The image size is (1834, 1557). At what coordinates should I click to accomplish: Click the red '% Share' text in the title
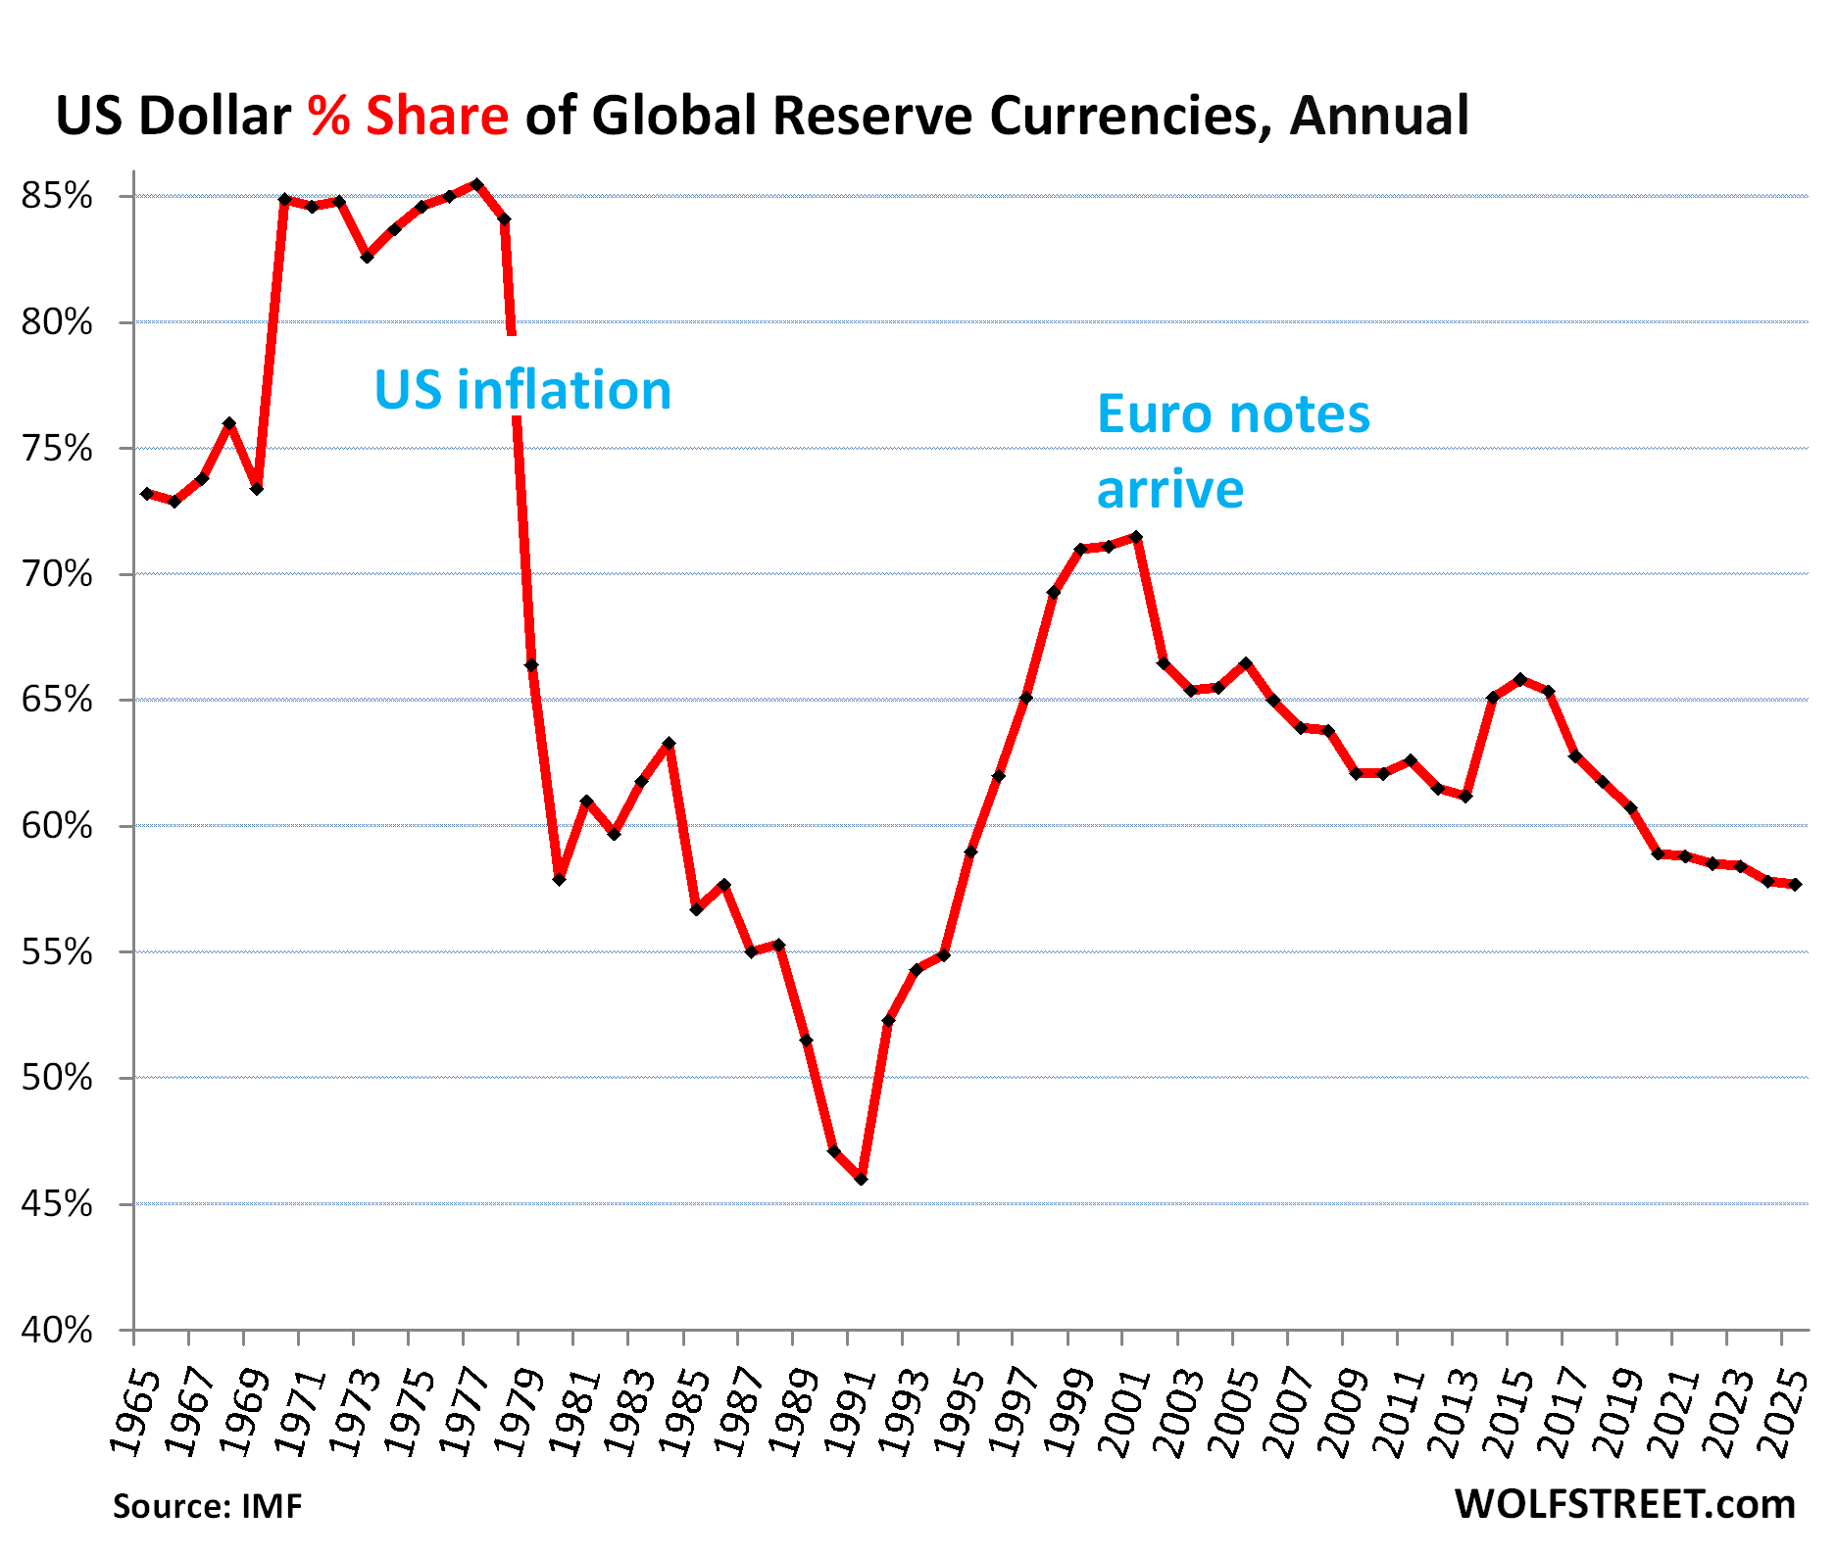coord(408,117)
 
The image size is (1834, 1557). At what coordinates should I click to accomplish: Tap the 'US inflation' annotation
coord(522,390)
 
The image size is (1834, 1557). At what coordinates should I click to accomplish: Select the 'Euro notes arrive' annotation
coord(1232,451)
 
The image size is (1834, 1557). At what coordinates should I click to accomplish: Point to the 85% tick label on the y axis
coord(57,196)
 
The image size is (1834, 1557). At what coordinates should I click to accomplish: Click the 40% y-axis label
coord(57,1330)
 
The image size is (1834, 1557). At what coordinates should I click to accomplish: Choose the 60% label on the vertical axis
coord(57,826)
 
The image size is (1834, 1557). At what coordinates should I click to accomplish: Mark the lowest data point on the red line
coord(861,1179)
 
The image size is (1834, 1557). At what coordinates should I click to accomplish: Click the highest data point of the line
coord(476,184)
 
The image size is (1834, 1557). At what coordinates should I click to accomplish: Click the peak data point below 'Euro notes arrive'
coord(1136,537)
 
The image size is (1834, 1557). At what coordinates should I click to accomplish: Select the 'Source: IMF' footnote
coord(207,1506)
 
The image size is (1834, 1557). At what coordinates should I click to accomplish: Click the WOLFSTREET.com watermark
coord(1624,1504)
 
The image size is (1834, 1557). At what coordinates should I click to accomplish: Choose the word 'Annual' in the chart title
coord(1379,117)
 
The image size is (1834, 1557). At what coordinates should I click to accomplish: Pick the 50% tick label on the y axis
coord(57,1078)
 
